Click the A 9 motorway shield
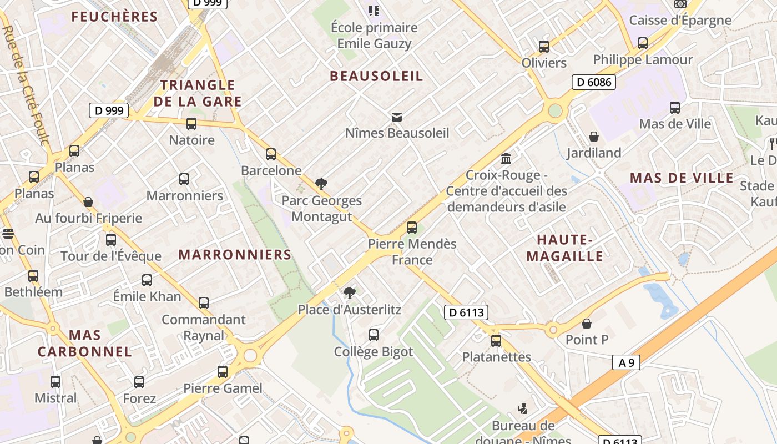627,362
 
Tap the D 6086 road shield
593,83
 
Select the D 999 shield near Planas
109,110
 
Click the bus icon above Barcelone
271,154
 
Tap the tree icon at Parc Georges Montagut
321,184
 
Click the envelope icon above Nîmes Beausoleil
396,117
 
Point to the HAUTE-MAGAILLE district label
564,248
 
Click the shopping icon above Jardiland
594,137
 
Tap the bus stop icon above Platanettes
496,340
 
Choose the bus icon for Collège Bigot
374,335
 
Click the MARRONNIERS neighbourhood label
235,255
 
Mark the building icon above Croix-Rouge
506,159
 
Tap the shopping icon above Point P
587,324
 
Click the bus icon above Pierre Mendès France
412,227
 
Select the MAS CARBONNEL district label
85,343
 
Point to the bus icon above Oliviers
544,47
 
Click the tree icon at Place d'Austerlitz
349,293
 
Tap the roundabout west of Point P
553,331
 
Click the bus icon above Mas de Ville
675,108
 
